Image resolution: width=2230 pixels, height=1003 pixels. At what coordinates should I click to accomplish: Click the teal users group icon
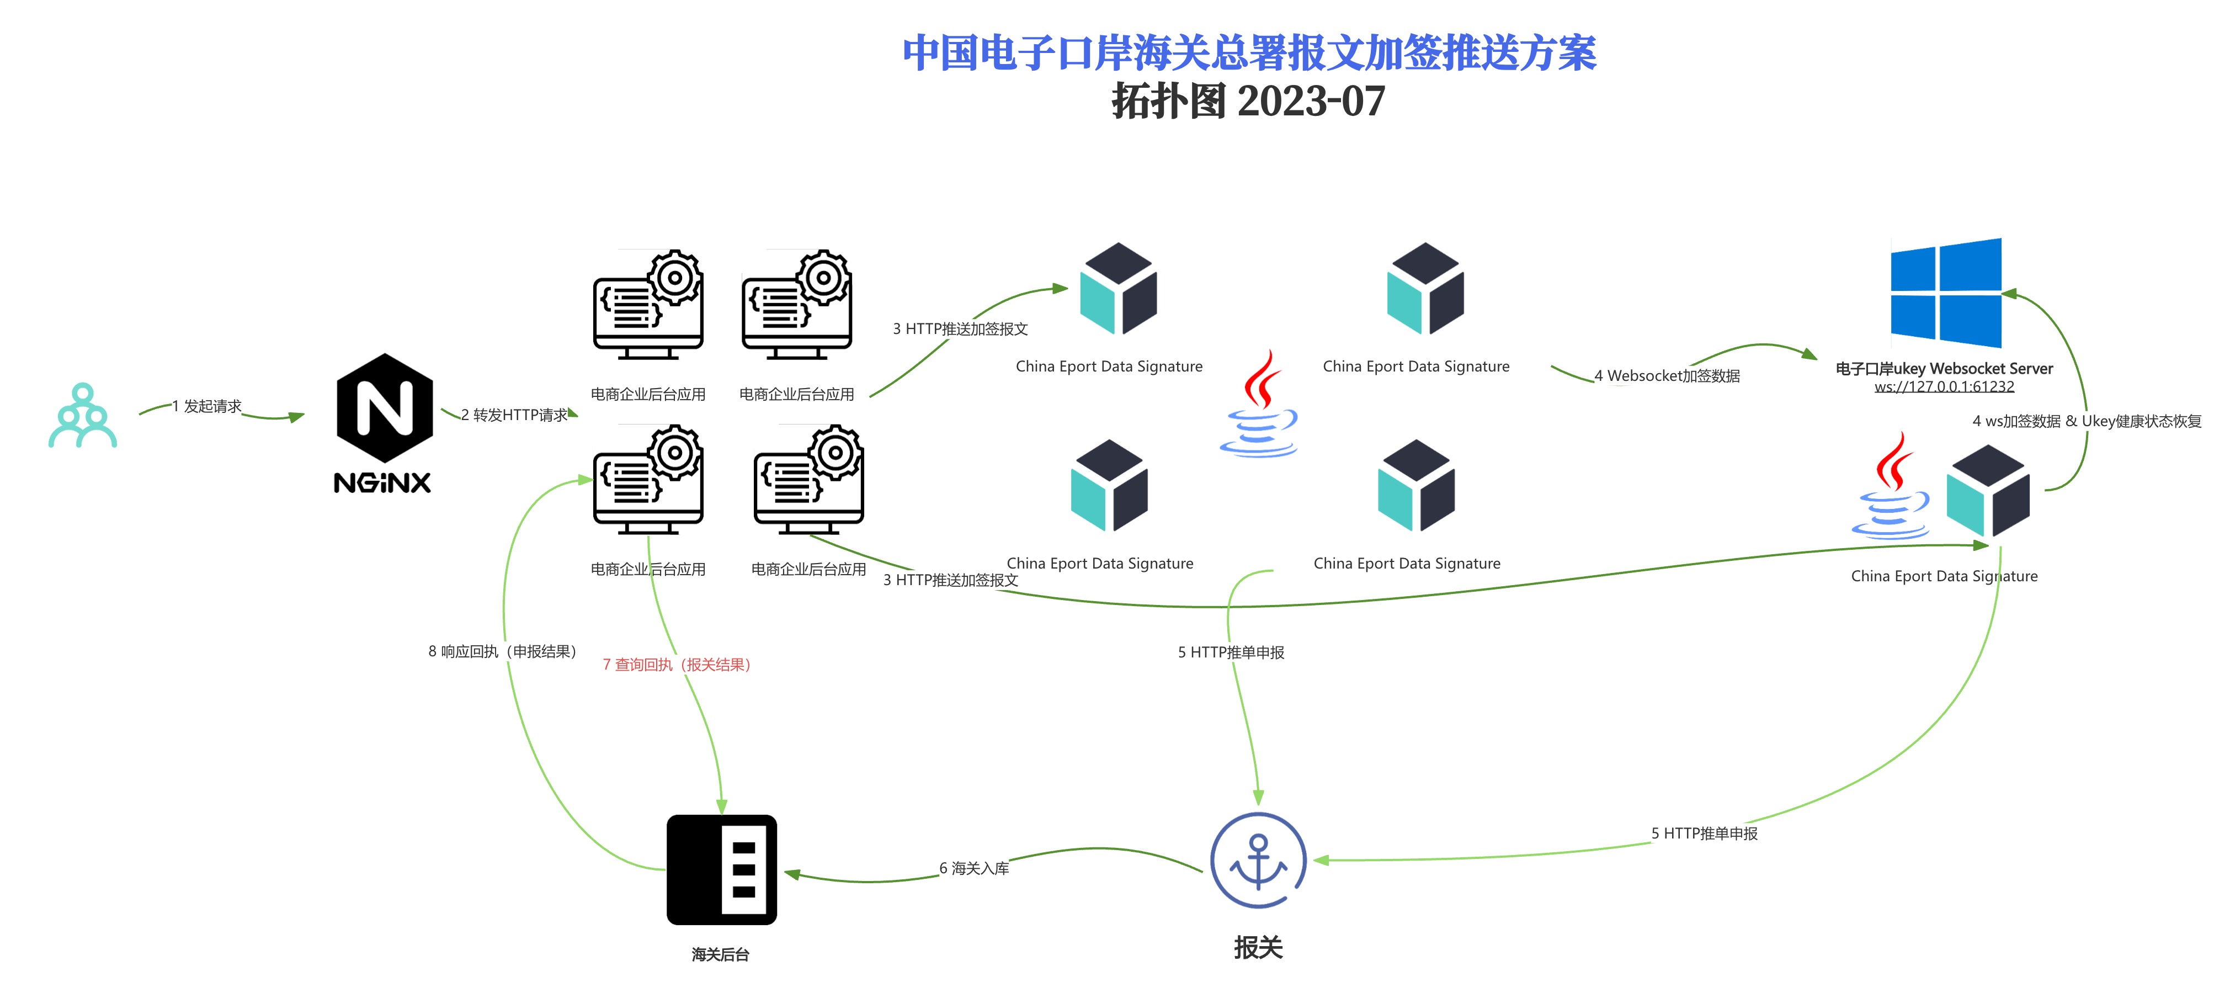(82, 416)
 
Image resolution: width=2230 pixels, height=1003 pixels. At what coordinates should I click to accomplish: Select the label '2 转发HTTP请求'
(514, 415)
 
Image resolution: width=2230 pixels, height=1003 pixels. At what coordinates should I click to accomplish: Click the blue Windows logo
(1945, 293)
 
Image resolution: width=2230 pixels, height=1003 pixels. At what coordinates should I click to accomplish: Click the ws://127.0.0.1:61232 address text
(1944, 387)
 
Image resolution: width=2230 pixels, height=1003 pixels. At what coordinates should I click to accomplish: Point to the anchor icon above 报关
(1257, 860)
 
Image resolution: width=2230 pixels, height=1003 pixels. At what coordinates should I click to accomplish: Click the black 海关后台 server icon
(721, 869)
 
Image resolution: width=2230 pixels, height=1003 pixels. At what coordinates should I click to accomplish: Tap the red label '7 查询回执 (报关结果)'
(676, 664)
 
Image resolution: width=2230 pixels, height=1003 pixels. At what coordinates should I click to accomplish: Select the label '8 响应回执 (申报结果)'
(502, 651)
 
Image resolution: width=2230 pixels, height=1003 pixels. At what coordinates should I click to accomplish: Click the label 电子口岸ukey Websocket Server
(1944, 369)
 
